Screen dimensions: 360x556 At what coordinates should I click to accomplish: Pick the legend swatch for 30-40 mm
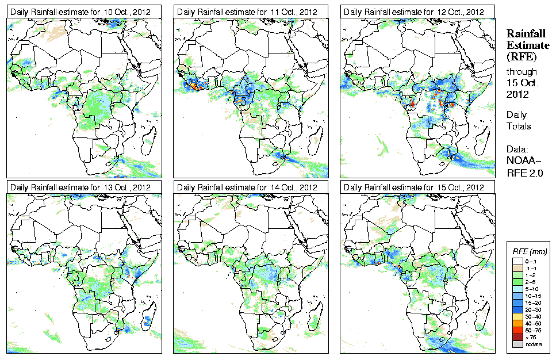coord(517,316)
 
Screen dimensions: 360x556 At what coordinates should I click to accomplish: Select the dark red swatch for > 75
coord(517,336)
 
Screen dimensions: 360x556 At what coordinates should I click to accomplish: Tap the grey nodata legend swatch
coord(517,343)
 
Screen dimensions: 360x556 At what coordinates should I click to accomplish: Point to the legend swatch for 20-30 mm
coord(517,309)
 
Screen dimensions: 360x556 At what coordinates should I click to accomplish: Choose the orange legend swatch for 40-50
coord(517,323)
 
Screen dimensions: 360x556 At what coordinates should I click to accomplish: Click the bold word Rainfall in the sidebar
coord(525,33)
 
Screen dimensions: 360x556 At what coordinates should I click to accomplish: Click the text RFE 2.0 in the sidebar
coord(525,172)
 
